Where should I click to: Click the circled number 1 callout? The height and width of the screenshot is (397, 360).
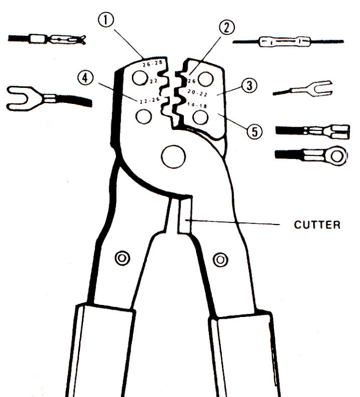[106, 20]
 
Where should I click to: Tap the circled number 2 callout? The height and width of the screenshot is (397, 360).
[226, 28]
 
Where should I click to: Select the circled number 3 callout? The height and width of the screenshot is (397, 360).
[249, 85]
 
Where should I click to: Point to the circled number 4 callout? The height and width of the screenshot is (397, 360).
[85, 78]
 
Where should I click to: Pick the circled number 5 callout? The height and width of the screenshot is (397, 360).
[255, 131]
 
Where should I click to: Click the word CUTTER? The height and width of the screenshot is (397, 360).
[317, 225]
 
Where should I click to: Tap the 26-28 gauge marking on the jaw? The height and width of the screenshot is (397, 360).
[153, 63]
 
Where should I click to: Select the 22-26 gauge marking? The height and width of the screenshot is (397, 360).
[150, 100]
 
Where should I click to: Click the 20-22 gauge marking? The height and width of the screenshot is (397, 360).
[197, 93]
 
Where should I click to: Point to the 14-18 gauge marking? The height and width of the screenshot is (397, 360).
[197, 105]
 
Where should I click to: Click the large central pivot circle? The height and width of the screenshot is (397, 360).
[174, 157]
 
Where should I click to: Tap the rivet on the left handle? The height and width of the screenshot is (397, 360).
[123, 258]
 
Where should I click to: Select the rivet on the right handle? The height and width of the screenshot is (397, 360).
[220, 260]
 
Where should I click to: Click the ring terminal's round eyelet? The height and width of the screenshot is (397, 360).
[337, 156]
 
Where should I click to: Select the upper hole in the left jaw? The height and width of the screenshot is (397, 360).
[140, 78]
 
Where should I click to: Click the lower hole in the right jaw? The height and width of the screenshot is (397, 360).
[201, 117]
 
